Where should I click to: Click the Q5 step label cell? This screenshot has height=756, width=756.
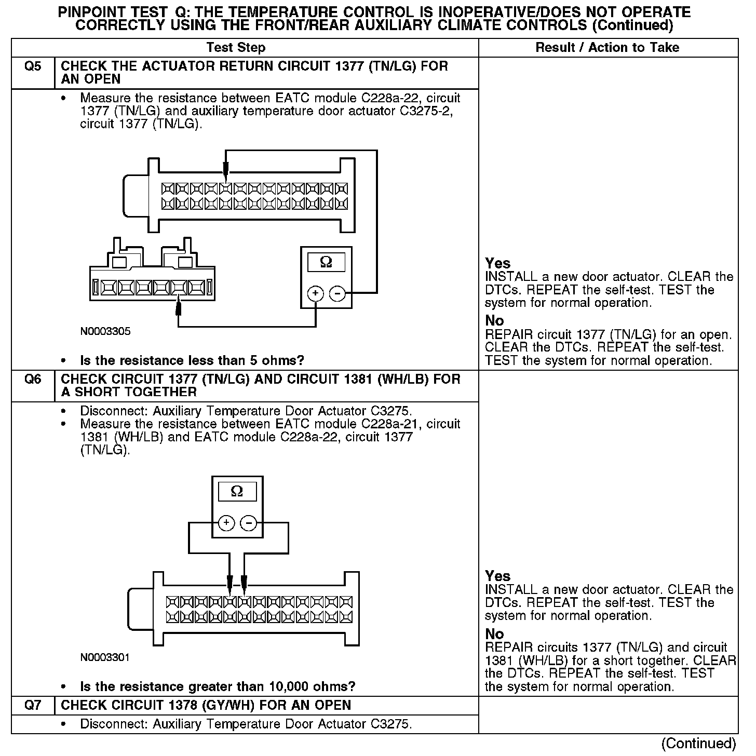[x=33, y=67]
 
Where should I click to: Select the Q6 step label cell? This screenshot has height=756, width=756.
[x=33, y=380]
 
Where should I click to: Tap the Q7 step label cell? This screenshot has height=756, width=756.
[x=33, y=705]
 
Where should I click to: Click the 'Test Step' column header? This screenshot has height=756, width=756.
[x=236, y=48]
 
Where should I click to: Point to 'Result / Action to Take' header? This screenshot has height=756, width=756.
[x=607, y=48]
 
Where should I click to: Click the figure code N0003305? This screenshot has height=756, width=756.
[x=105, y=331]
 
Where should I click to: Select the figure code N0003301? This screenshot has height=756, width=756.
[x=105, y=657]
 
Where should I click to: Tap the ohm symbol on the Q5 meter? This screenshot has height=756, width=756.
[x=326, y=262]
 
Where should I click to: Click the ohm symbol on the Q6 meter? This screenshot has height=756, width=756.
[x=237, y=491]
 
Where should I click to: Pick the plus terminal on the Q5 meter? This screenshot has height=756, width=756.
[x=315, y=294]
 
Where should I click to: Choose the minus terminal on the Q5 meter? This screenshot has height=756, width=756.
[x=337, y=294]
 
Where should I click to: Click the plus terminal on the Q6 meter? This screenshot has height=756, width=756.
[x=226, y=523]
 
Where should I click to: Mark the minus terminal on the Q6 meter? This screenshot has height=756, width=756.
[x=249, y=523]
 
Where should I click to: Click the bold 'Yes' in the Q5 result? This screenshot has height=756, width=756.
[x=497, y=263]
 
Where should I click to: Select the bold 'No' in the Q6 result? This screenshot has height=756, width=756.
[x=494, y=634]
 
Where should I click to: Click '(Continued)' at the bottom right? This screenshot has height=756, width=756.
[x=699, y=743]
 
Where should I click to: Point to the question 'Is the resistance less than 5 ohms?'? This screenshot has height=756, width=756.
[x=192, y=360]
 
